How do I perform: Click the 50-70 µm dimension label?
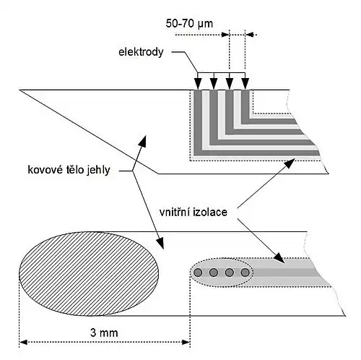point(189,24)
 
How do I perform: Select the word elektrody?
point(141,52)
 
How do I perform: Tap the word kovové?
point(45,170)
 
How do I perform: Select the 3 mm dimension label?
point(104,333)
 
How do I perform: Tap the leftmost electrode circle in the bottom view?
point(198,273)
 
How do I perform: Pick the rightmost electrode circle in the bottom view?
point(245,273)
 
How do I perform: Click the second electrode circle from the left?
point(214,273)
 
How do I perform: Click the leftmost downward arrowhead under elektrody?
point(198,84)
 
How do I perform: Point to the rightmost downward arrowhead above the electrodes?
point(245,84)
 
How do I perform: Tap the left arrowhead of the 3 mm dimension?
point(23,342)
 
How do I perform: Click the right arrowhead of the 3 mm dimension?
point(186,342)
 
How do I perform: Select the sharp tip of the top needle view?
point(19,90)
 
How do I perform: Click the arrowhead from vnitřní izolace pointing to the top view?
point(290,163)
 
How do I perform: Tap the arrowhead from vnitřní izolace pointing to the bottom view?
point(279,258)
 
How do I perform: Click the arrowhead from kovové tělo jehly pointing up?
point(143,142)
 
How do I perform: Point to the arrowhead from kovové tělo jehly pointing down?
point(160,243)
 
